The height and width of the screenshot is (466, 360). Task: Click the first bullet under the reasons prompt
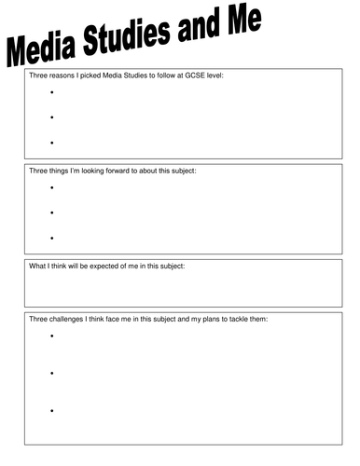tap(52, 92)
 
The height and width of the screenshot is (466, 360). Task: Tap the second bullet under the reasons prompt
tap(52, 117)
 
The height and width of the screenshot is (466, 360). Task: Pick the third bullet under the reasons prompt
tap(52, 143)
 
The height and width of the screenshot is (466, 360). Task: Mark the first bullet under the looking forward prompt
tap(52, 188)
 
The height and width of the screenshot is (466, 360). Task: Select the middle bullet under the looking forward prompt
tap(52, 213)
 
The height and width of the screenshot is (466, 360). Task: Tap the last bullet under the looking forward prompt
tap(52, 239)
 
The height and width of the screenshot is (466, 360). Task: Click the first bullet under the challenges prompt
tap(52, 336)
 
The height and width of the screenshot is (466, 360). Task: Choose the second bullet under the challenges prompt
tap(52, 374)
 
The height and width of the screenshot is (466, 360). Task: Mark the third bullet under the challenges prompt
tap(52, 411)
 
